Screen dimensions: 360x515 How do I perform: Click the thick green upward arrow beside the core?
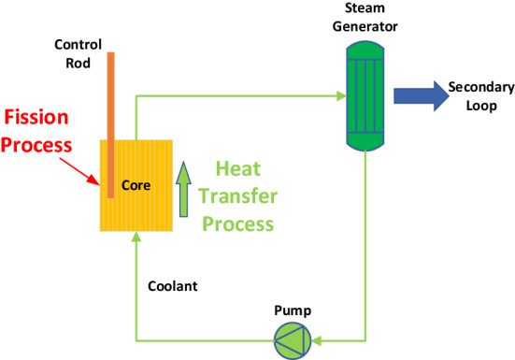183,185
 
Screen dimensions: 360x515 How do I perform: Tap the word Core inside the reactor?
136,184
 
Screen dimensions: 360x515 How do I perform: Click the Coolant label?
172,284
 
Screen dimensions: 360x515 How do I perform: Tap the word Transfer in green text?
244,196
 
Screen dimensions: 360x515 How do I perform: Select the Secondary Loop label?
480,95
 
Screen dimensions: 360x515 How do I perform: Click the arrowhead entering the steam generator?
338,95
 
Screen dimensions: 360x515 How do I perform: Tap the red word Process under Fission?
36,145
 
